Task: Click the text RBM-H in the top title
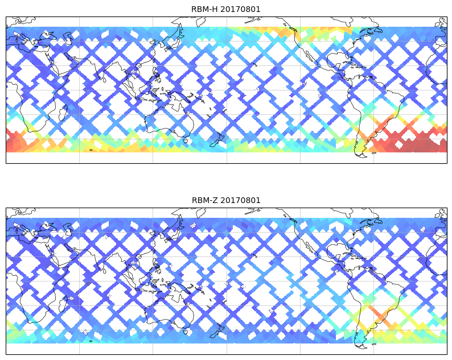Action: (x=203, y=9)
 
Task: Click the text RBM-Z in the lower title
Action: (x=203, y=200)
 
